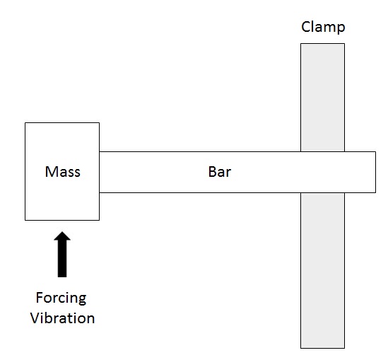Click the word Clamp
click(323, 28)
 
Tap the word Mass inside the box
click(63, 172)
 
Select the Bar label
click(220, 172)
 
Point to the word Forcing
click(61, 298)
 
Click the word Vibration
click(62, 318)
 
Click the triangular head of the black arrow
click(62, 236)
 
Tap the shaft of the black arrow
click(62, 258)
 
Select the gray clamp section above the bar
click(323, 98)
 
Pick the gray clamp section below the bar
click(323, 270)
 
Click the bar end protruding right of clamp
click(360, 172)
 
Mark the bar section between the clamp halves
click(323, 172)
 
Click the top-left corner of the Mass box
click(25, 122)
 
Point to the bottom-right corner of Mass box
click(100, 220)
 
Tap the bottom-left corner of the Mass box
click(25, 220)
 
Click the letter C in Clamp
click(305, 27)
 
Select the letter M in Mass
click(52, 172)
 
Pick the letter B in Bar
click(213, 172)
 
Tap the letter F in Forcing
click(40, 297)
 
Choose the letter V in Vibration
click(35, 318)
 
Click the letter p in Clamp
click(341, 29)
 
